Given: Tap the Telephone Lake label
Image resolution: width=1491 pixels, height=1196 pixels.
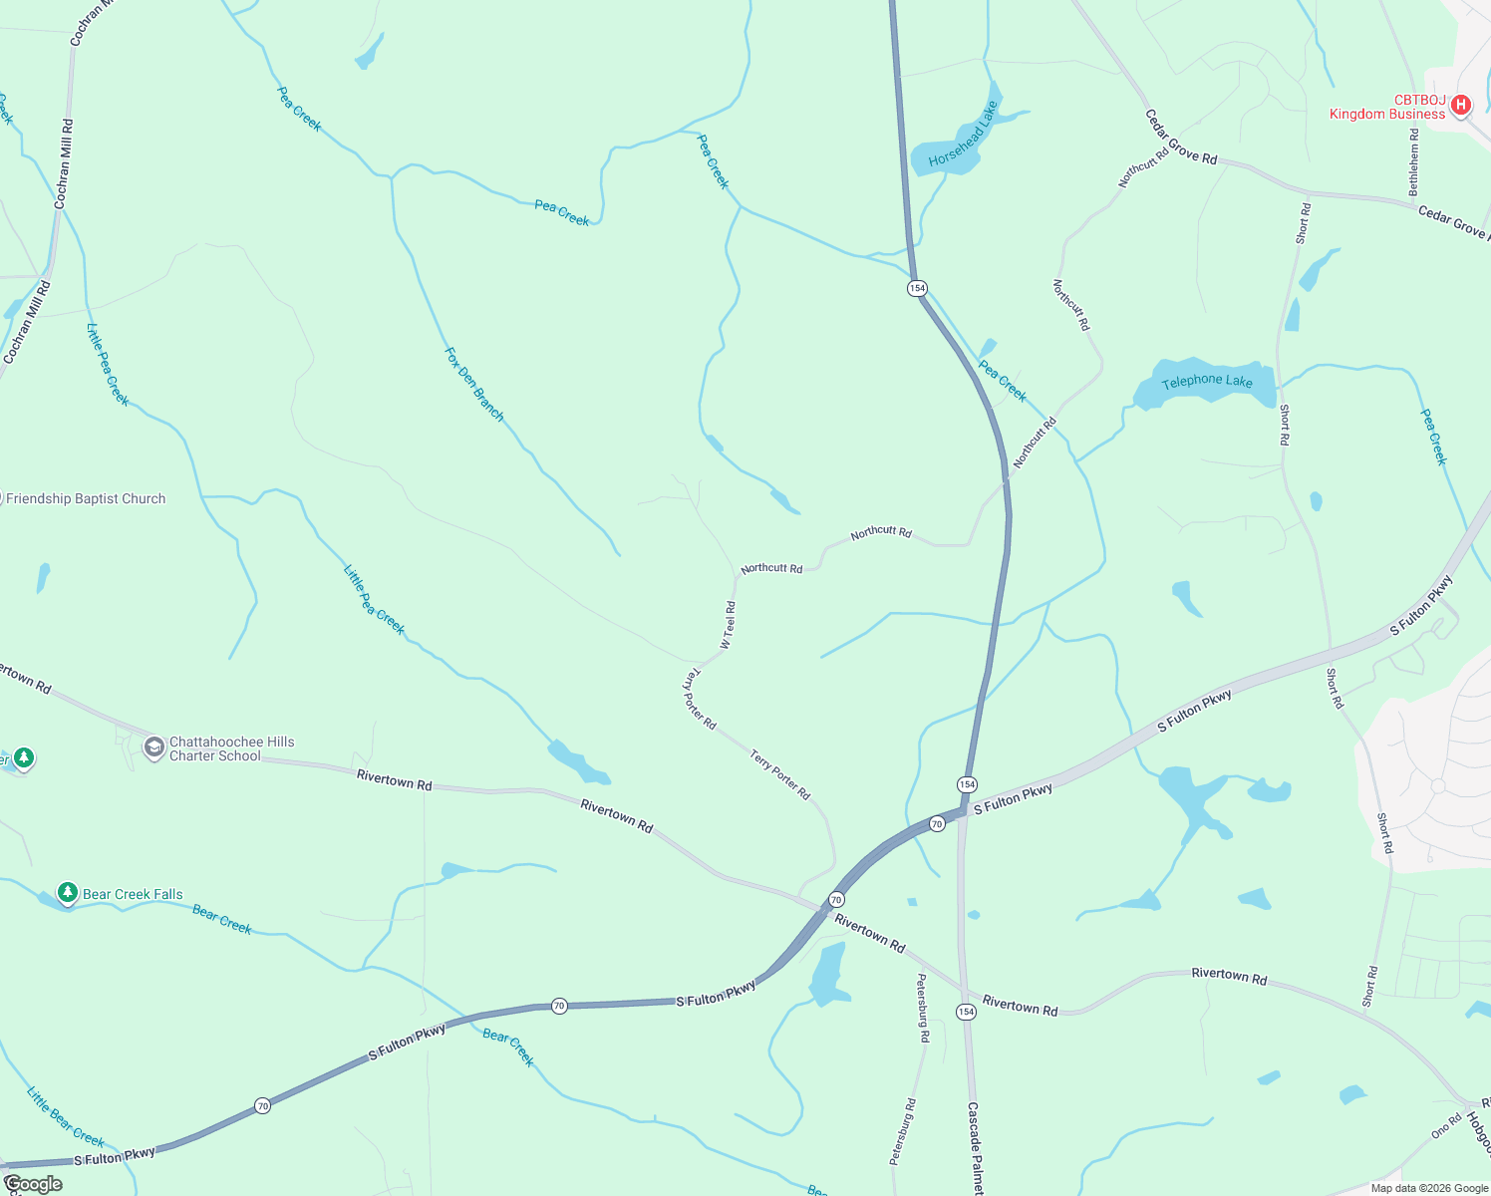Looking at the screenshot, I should click(x=1207, y=381).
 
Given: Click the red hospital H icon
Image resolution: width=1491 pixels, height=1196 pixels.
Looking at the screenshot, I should click(x=1461, y=105).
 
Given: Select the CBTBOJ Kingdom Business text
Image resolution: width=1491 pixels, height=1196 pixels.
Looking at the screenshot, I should click(x=1387, y=108).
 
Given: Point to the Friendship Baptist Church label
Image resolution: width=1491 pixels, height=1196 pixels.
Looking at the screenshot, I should click(x=87, y=499).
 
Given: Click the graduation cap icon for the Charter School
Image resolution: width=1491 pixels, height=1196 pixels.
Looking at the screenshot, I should click(x=153, y=747).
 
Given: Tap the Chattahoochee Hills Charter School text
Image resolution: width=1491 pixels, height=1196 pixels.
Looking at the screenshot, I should click(x=231, y=748).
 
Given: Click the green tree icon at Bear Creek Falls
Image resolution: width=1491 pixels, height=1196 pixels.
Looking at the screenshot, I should click(x=67, y=893).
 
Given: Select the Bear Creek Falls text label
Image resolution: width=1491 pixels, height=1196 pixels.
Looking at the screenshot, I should click(x=133, y=895).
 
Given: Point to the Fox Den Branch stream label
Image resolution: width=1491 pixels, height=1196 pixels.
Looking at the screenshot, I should click(x=474, y=385).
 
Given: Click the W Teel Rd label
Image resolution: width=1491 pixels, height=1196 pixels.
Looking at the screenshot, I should click(x=729, y=625).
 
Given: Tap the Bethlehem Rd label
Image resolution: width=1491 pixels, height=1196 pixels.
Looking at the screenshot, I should click(x=1413, y=161).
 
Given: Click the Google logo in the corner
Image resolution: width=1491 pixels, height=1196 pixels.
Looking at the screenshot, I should click(x=33, y=1184).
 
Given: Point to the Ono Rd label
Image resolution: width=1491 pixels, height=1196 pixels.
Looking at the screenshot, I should click(x=1446, y=1126).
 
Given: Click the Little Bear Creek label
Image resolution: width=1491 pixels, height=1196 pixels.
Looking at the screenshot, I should click(x=66, y=1116).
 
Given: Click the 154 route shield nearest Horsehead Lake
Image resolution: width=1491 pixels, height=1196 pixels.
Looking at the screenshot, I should click(x=917, y=288).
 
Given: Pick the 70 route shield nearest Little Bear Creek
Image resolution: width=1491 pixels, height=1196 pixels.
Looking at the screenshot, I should click(x=262, y=1105).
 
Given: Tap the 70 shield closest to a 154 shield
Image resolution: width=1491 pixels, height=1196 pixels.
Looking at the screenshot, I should click(x=937, y=824).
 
